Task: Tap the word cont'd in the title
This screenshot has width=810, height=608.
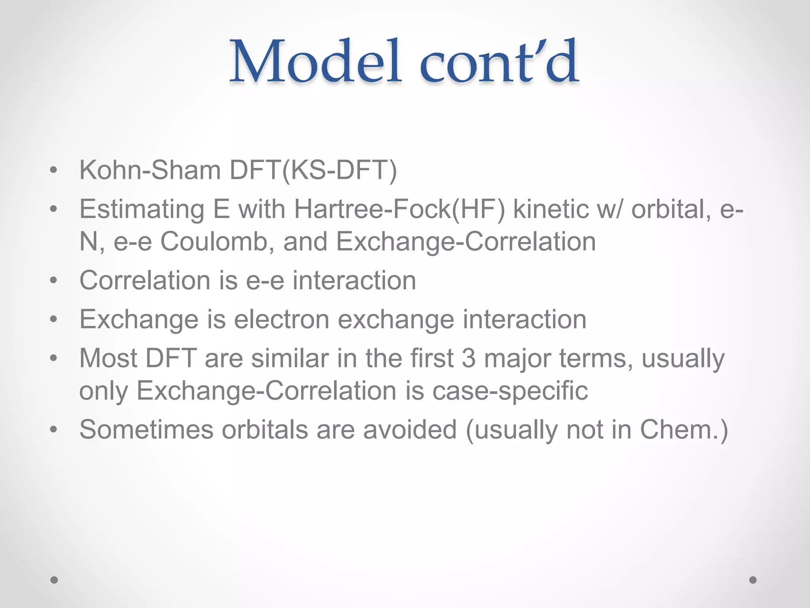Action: pos(499,62)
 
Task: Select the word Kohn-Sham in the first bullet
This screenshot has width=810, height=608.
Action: pos(150,170)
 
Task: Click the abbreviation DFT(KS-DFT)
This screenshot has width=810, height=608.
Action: pos(313,170)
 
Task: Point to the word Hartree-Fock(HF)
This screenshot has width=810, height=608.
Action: pos(399,209)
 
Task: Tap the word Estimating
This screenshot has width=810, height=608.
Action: pos(142,209)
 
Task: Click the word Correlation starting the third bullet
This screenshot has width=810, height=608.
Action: pos(145,280)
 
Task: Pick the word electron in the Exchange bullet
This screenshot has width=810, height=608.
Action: pos(282,319)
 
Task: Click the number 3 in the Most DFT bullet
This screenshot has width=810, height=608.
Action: pos(468,358)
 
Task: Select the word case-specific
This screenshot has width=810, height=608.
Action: pos(510,390)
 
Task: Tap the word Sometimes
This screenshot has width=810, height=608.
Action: pos(146,429)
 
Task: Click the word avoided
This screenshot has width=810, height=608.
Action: pos(410,429)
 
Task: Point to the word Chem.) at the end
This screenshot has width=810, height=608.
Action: pos(684,429)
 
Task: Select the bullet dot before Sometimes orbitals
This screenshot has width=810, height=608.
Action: pos(54,430)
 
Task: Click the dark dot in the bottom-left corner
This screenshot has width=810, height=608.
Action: pos(54,580)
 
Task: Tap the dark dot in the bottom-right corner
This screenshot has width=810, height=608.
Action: pos(753,580)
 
